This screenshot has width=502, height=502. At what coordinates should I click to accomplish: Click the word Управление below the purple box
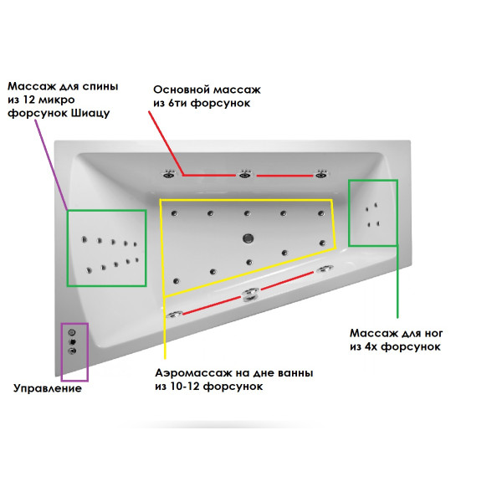(x=48, y=388)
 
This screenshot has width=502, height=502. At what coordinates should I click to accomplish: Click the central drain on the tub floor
(x=248, y=237)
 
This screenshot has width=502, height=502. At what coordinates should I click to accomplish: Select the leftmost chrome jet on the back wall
(x=169, y=174)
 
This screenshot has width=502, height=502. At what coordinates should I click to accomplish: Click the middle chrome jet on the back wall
(x=245, y=174)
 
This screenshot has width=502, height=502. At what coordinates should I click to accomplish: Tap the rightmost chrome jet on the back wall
(x=320, y=174)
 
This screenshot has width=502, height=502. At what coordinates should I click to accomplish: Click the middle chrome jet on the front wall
(x=248, y=294)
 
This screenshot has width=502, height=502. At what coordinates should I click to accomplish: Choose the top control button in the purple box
(x=73, y=332)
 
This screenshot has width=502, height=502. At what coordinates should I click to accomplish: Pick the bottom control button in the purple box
(x=73, y=351)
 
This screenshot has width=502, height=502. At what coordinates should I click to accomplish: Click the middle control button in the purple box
(x=73, y=341)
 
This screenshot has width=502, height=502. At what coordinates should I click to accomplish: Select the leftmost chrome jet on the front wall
(x=175, y=314)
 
